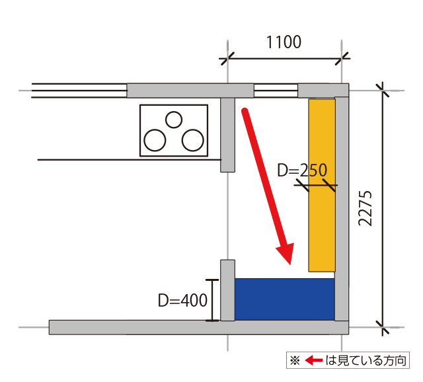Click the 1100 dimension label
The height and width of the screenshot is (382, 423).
284,42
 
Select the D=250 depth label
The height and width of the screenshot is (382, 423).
302,171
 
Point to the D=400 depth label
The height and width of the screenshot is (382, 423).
182,301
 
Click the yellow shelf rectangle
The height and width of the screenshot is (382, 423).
322,185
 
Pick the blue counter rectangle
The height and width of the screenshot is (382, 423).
284,299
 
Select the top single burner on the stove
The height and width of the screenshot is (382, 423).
173,120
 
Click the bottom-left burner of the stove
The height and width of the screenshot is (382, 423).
155,140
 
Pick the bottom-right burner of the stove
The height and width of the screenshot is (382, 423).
192,140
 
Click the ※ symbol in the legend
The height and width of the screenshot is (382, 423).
295,361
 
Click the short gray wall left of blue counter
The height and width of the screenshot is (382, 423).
227,290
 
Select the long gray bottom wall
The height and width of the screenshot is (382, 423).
198,327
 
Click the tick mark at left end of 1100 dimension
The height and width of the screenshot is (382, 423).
227,59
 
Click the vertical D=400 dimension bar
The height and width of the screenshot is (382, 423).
211,300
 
